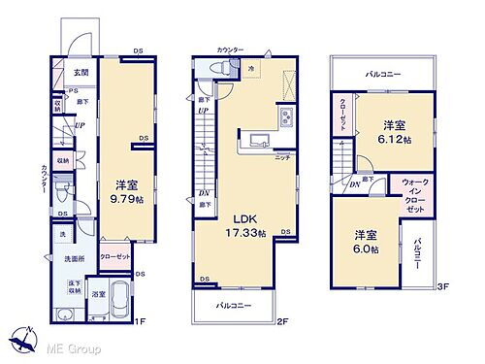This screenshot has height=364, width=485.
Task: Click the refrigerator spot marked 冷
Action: coord(250,68)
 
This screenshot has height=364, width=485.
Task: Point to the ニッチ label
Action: coord(283,156)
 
